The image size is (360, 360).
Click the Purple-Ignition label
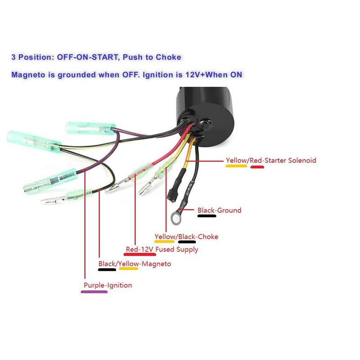click(108, 285)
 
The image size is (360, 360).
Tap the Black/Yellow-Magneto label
click(135, 264)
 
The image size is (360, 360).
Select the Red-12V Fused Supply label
click(162, 249)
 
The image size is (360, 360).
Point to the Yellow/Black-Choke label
click(186, 237)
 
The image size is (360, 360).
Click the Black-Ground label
click(219, 210)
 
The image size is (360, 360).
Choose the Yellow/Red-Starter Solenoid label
click(270, 160)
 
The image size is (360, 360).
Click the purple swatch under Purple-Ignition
click(94, 292)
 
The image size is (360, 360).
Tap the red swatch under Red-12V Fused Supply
click(139, 255)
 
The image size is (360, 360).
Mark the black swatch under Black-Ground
click(207, 216)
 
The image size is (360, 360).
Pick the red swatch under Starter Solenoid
click(257, 167)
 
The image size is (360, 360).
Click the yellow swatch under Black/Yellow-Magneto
click(128, 270)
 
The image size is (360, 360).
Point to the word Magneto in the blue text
click(28, 75)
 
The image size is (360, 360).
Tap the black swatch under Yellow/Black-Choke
click(187, 242)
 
